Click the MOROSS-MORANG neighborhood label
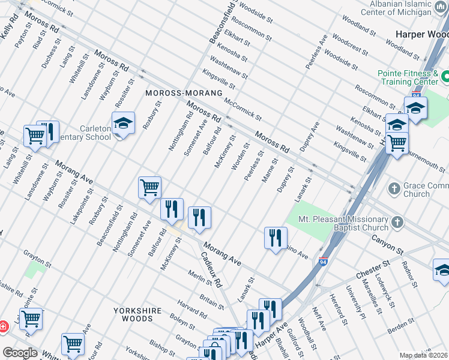pyautogui.click(x=184, y=94)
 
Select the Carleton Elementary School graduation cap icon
pyautogui.click(x=123, y=124)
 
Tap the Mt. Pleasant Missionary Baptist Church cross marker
pyautogui.click(x=397, y=223)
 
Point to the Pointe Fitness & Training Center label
pyautogui.click(x=408, y=77)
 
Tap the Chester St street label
pyautogui.click(x=372, y=268)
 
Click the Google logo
pyautogui.click(x=20, y=353)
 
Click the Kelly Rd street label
pyautogui.click(x=10, y=28)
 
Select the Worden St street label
pyautogui.click(x=240, y=156)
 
